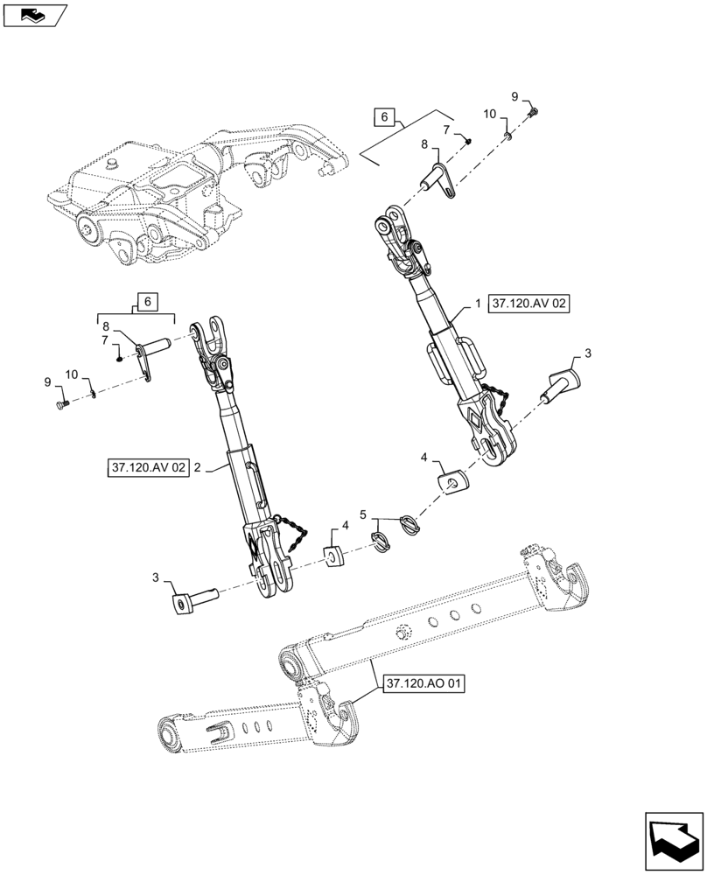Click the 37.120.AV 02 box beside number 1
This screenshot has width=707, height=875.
pos(529,304)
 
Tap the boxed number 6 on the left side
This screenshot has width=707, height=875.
pos(145,302)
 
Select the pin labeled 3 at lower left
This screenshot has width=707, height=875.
pos(194,603)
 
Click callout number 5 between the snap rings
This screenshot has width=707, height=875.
pos(363,514)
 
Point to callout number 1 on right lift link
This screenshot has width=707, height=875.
pos(477,304)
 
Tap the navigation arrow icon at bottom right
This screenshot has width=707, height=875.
pos(673,840)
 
